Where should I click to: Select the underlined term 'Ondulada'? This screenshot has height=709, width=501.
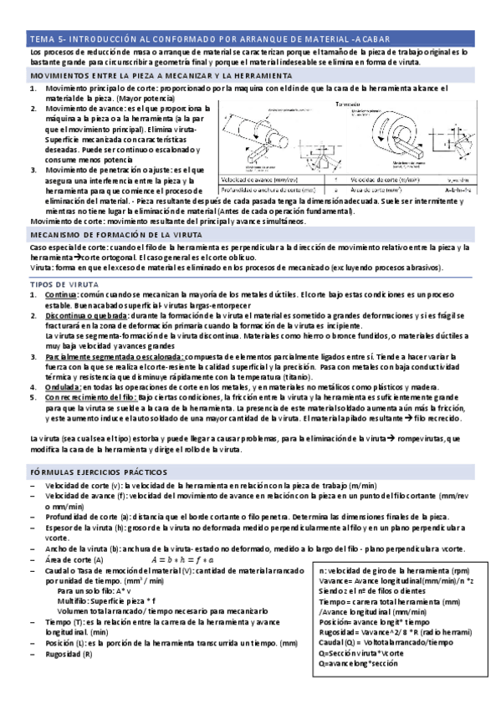coord(63,386)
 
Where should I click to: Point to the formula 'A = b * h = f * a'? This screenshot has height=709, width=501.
coord(181,559)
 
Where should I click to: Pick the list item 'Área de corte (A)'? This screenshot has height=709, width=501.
coord(75,559)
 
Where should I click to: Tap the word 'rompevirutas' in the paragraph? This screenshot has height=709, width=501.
coord(423,438)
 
